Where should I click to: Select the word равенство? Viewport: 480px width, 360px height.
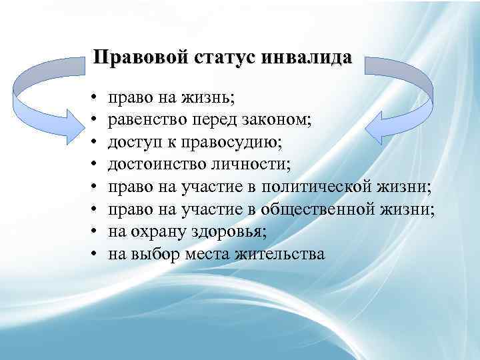146,121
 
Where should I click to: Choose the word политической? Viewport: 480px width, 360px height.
315,185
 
